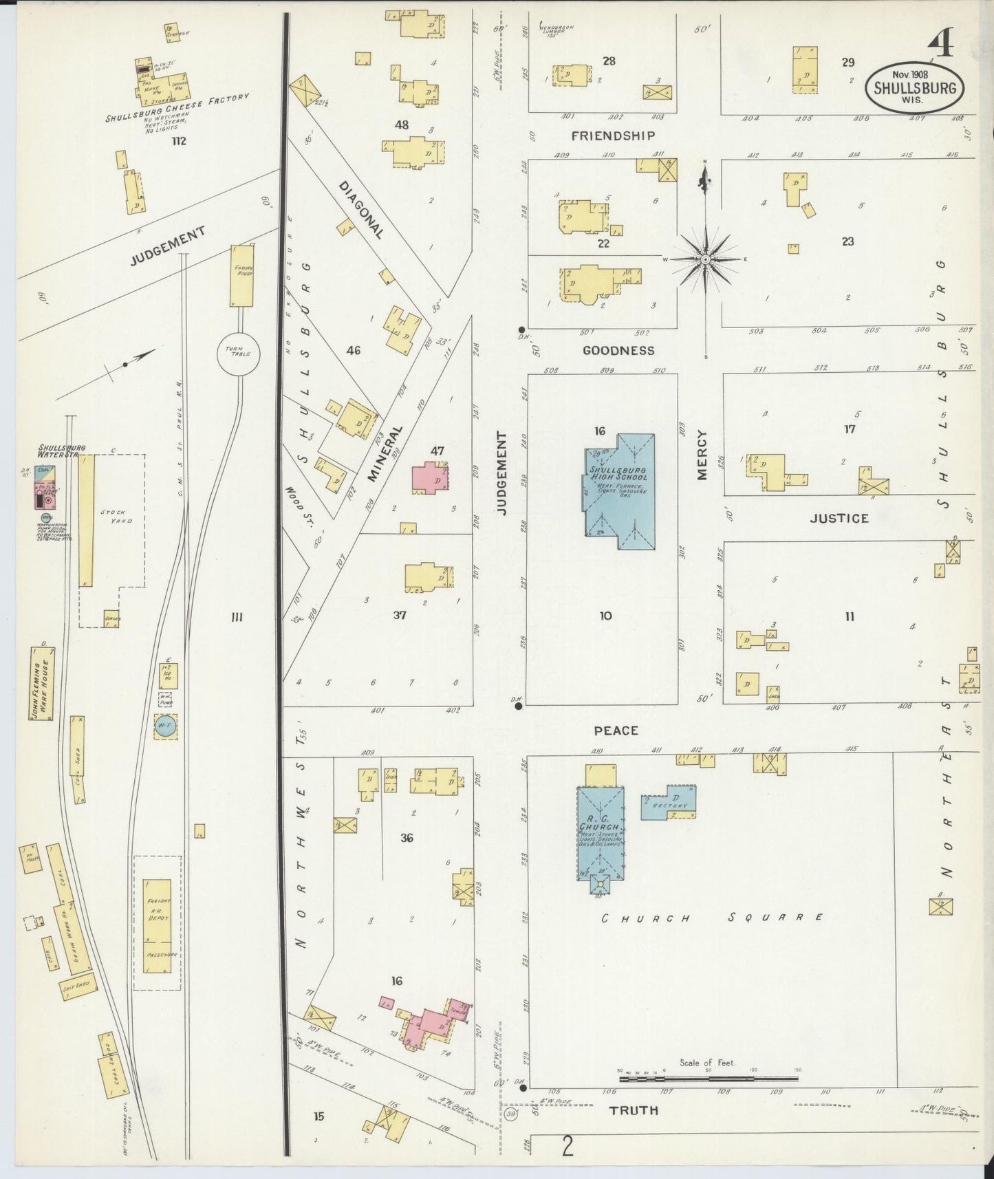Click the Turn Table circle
pos(238,354)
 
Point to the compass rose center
pos(706,259)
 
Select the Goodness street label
pos(618,350)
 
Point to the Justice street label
pos(839,518)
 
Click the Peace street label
pos(616,730)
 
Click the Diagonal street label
pos(360,210)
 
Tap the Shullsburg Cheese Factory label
pos(177,108)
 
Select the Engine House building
pos(243,275)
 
